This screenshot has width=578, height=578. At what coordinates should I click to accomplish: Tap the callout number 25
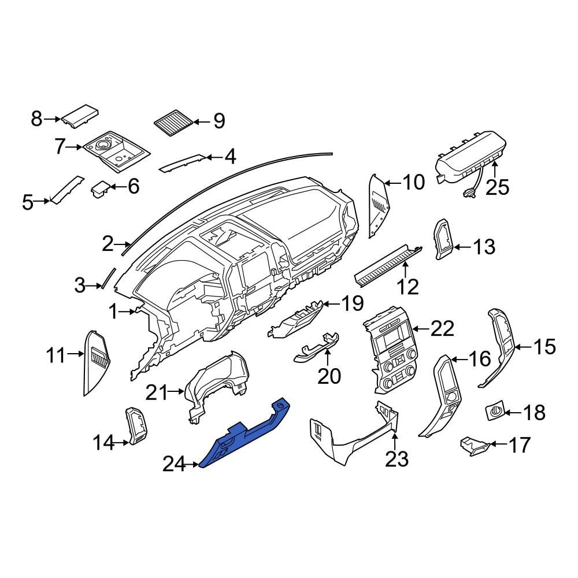click(497, 187)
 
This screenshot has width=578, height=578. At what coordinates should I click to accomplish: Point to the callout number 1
click(114, 313)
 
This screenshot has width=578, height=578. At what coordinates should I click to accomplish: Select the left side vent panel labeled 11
click(97, 361)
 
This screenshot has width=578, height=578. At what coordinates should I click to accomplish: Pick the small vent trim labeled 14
click(136, 427)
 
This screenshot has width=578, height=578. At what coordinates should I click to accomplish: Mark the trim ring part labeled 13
click(444, 240)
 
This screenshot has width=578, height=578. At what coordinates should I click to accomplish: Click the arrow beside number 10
click(391, 183)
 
